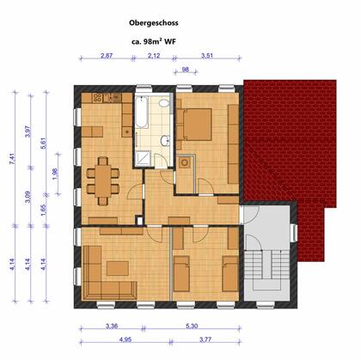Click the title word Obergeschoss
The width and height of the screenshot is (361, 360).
[x=154, y=23]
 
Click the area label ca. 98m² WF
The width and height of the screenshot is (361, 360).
[x=154, y=41]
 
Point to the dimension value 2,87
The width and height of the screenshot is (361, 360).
[x=107, y=56]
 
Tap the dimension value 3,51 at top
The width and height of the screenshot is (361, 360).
[x=207, y=56]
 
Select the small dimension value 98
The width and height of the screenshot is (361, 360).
[x=186, y=70]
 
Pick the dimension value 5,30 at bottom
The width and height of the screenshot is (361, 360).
[x=192, y=326]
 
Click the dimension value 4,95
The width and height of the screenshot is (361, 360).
[x=125, y=339]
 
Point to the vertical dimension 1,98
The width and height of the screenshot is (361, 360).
[x=55, y=174]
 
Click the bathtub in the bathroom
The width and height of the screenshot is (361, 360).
[x=142, y=112]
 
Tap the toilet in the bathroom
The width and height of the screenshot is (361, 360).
[x=164, y=103]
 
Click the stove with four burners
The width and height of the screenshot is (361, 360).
[x=97, y=98]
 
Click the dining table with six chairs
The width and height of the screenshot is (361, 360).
[x=103, y=181]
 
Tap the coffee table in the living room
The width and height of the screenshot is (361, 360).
[x=118, y=268]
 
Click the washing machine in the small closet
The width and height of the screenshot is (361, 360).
[x=184, y=163]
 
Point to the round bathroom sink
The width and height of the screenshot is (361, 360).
[x=165, y=141]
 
